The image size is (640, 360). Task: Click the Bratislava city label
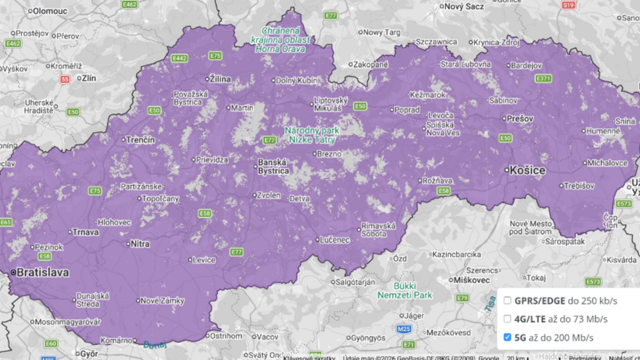point(40,271)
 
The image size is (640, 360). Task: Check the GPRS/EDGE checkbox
point(508,301)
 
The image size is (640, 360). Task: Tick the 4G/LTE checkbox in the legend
point(508,319)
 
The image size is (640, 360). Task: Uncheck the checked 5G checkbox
point(508,337)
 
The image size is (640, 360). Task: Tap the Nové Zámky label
point(162,300)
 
